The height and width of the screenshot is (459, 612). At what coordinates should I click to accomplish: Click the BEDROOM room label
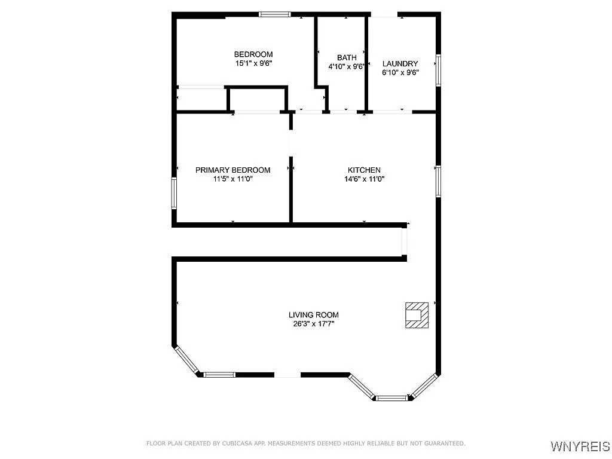point(253,54)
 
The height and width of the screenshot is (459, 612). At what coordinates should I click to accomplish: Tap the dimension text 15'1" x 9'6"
point(253,63)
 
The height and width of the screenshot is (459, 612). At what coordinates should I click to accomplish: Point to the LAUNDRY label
point(400,64)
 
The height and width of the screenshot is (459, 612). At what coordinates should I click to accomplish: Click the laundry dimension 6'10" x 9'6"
point(400,72)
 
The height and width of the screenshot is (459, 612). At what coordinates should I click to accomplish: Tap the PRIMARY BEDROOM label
point(233,170)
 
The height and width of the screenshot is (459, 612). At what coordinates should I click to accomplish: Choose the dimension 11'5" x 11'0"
point(233,178)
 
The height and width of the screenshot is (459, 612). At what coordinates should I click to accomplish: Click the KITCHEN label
point(364,170)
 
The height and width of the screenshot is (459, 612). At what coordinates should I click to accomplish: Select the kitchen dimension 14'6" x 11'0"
point(364,178)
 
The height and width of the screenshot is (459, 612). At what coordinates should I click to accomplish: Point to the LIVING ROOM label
point(314,315)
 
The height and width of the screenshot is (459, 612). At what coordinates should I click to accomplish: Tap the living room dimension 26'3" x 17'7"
point(314,323)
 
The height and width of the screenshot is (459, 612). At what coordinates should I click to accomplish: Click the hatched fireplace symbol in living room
point(417,314)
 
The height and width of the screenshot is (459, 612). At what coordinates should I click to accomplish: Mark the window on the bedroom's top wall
point(274,13)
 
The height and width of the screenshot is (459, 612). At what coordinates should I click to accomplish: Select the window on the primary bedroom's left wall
point(175,192)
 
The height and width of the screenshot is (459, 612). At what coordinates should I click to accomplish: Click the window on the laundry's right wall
point(438,70)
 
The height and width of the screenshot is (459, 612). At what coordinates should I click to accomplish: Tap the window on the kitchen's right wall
point(438,181)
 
